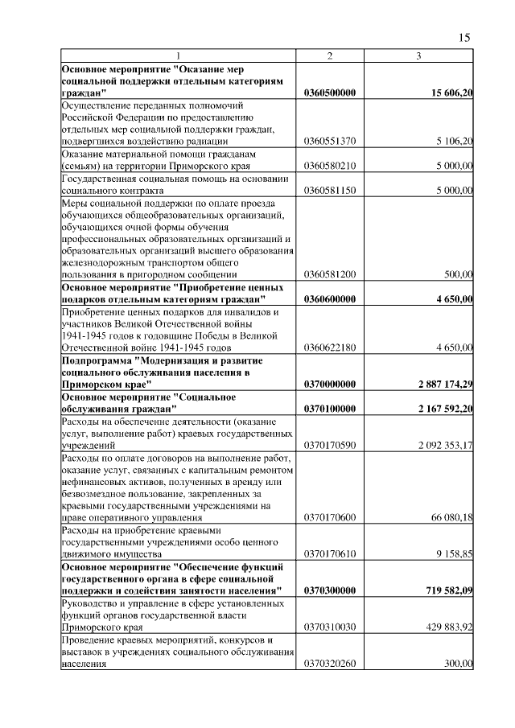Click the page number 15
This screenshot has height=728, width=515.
[464, 38]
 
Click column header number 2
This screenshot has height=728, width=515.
[330, 56]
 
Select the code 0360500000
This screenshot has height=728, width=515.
[330, 94]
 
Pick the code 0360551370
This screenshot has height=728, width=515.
[330, 142]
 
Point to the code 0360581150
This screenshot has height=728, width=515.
[330, 190]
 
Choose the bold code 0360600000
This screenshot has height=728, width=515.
[330, 298]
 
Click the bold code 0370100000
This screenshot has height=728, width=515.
[330, 409]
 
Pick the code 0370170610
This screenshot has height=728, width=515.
[330, 554]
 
